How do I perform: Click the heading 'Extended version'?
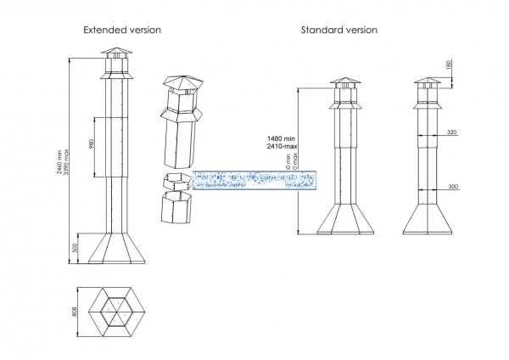tap(122, 30)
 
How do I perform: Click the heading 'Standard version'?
tap(339, 30)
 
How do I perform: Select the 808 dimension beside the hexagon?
tap(76, 311)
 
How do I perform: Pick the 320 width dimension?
tap(451, 133)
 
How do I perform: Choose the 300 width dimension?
tap(451, 184)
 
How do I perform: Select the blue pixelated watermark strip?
tap(255, 179)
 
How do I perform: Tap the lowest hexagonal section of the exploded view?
tap(176, 206)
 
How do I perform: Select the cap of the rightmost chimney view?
tap(428, 83)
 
